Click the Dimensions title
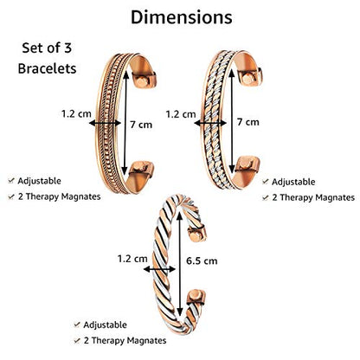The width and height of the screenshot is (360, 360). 182,17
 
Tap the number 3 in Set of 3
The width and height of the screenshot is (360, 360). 67,48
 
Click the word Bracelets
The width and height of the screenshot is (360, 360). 47,68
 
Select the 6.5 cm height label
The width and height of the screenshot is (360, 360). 202,260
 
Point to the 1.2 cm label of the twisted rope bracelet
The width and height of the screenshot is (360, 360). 132,259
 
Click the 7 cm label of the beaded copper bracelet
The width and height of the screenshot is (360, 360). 141,125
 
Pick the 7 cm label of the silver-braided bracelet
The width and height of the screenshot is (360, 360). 248,122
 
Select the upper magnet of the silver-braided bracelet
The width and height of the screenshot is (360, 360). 247,78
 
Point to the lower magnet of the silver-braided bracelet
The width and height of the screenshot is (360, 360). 245,164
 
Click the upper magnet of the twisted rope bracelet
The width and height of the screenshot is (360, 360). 196,235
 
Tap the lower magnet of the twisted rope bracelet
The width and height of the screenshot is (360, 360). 196,296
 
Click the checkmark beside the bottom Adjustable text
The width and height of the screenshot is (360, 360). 77,325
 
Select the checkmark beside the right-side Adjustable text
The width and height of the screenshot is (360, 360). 266,182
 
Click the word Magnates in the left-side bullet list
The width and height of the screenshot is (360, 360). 80,196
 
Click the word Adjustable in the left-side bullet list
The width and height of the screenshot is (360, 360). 39,181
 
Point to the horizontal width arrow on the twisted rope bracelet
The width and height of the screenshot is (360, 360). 159,269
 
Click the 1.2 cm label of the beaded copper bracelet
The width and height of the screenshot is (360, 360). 76,113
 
